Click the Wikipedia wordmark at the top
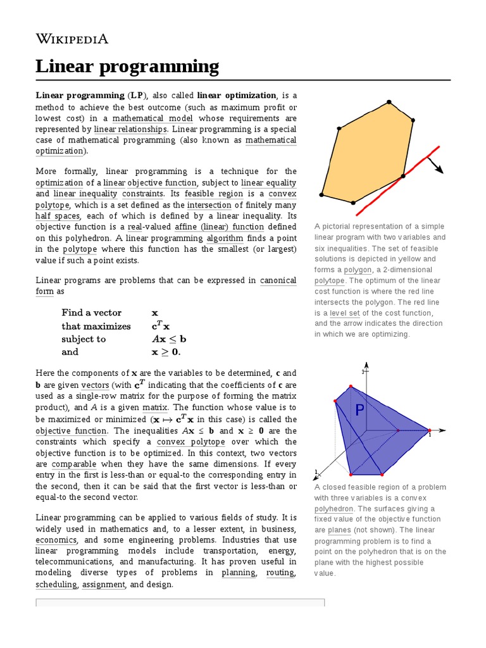click(72, 39)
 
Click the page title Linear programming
click(127, 66)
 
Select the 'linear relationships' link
click(130, 129)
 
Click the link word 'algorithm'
click(225, 239)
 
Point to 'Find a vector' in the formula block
click(92, 313)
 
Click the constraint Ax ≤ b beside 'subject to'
click(169, 339)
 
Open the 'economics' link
click(56, 540)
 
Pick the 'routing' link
click(280, 573)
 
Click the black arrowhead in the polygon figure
click(439, 170)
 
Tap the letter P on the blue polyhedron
click(359, 411)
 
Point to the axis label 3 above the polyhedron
click(363, 372)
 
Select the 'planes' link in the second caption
click(339, 530)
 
